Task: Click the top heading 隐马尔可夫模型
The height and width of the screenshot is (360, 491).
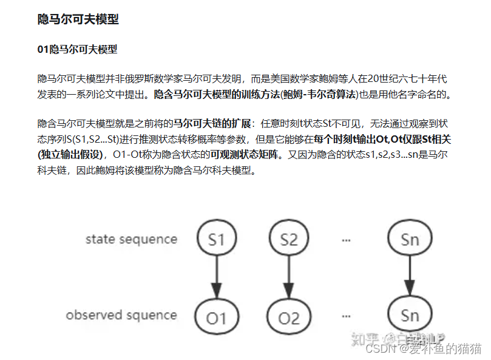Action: point(78,20)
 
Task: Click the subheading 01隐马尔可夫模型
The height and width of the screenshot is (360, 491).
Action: point(77,50)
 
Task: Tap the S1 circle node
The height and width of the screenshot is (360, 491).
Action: point(216,239)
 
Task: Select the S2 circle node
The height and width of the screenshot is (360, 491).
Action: point(289,239)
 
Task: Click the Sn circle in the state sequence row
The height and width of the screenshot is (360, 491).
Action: point(410,239)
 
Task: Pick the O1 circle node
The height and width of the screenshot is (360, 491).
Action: point(216,317)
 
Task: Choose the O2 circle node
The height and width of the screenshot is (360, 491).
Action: point(289,317)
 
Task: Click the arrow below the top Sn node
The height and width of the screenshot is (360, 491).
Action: point(410,278)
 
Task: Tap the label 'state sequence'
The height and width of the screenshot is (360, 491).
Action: point(131,239)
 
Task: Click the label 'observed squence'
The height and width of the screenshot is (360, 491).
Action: point(121,315)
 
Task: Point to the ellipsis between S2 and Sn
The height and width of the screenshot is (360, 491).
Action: point(347,240)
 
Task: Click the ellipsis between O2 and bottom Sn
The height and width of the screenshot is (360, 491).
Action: point(347,317)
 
